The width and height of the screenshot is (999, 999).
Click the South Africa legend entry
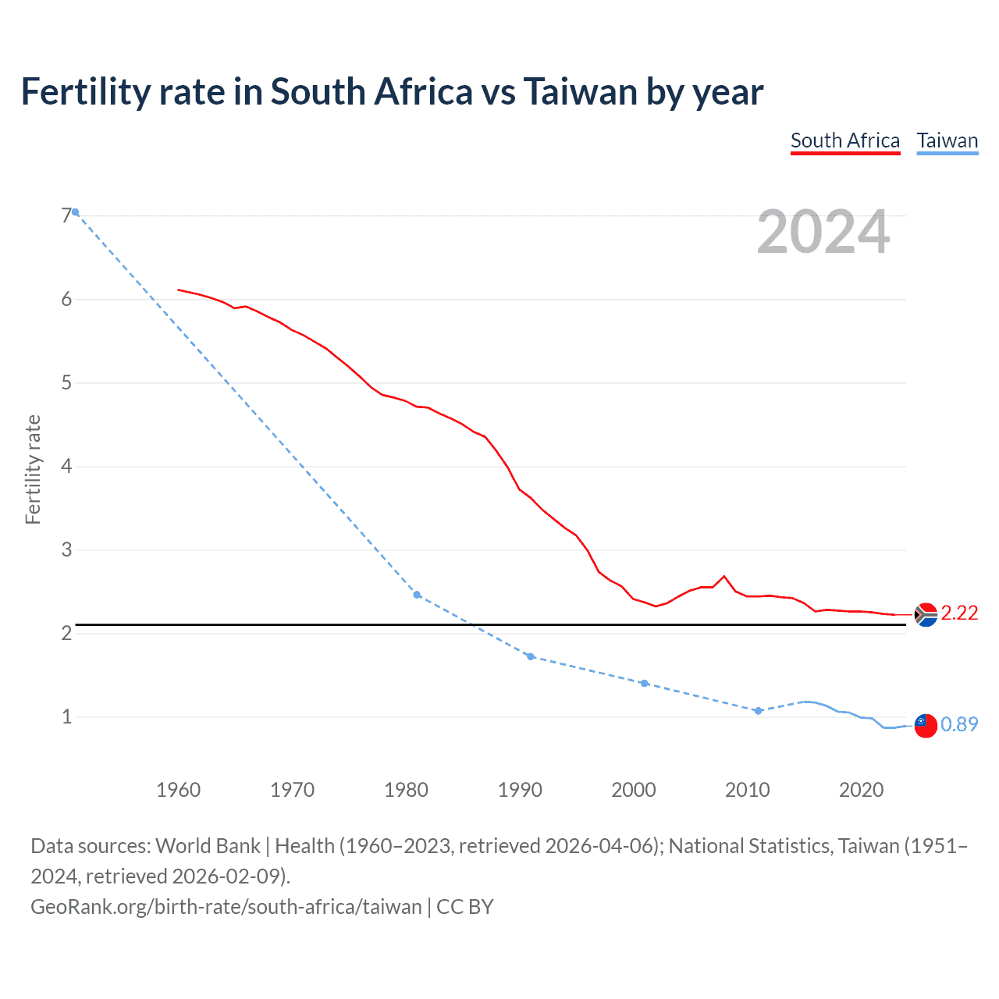click(x=845, y=141)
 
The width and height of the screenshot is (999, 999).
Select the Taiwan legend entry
click(x=947, y=141)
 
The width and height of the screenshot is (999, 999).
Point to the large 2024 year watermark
click(x=823, y=232)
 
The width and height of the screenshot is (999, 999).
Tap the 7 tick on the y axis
click(x=66, y=215)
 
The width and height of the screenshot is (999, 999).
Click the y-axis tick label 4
click(x=66, y=466)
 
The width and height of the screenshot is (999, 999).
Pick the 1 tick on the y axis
click(x=66, y=716)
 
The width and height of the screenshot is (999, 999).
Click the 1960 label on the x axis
click(x=178, y=790)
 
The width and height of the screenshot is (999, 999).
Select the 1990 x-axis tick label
click(x=520, y=790)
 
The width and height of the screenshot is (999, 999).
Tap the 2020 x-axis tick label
click(x=861, y=790)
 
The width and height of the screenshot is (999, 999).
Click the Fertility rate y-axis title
click(x=33, y=469)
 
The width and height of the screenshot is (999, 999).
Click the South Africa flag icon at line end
click(x=925, y=615)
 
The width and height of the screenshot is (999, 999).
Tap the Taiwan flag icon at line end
click(x=925, y=725)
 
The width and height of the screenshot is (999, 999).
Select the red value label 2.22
click(x=959, y=613)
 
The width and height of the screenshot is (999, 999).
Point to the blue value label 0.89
click(x=959, y=725)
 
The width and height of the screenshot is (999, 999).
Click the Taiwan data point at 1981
click(x=417, y=595)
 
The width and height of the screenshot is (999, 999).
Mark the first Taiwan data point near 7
click(x=76, y=212)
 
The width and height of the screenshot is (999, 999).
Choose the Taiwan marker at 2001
click(x=644, y=683)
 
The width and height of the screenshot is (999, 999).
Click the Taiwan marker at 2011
click(x=758, y=710)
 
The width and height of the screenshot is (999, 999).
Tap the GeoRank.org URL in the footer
click(x=226, y=907)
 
